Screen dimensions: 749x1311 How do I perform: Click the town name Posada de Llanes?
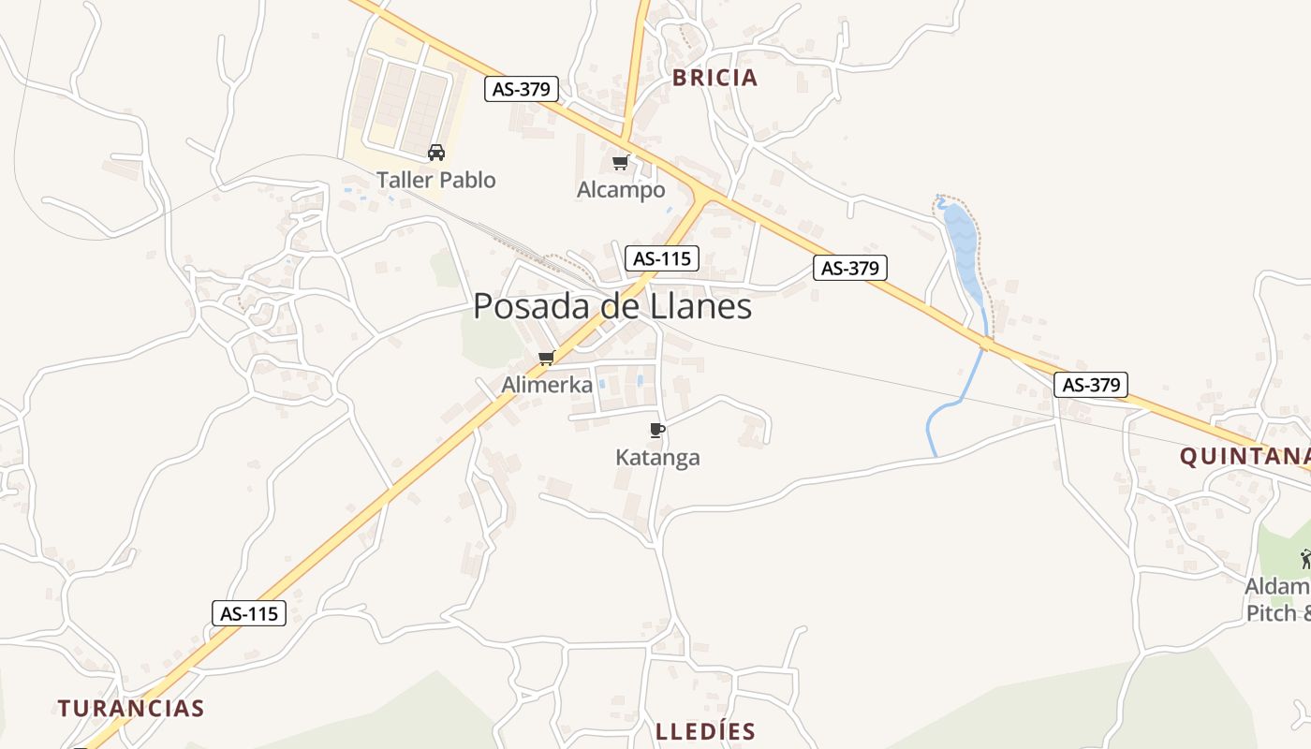point(612,306)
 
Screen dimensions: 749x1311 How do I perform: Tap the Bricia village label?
point(714,78)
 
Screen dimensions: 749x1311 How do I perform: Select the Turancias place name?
point(131,708)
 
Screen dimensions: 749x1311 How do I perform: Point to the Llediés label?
point(705,731)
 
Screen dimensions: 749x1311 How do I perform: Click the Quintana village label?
point(1244,457)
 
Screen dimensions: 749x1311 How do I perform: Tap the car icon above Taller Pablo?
point(435,152)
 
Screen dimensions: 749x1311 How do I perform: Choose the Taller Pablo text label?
point(435,180)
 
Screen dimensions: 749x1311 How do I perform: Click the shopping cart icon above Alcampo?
point(620,163)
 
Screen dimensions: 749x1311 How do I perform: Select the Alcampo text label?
point(621,190)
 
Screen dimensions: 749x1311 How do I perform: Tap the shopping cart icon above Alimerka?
point(547,358)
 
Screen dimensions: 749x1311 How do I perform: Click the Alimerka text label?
point(547,384)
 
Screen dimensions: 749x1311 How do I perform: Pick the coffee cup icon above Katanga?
point(656,430)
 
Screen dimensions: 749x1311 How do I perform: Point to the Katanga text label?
point(657,458)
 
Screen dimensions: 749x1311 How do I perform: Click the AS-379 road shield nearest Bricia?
point(523,89)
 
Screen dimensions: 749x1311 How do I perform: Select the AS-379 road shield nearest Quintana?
point(1091,384)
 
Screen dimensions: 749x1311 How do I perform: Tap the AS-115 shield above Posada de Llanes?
point(662,258)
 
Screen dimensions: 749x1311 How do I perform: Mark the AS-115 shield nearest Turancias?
point(248,613)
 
